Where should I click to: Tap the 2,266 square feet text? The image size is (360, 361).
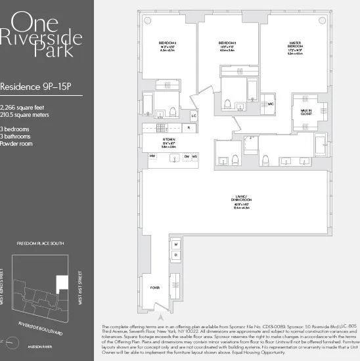[x=23, y=106]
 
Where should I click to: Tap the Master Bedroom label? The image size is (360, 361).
[x=294, y=47]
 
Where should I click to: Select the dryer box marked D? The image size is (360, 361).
[x=176, y=255]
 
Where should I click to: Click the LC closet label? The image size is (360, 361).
[x=194, y=116]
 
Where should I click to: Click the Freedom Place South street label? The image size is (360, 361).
[x=40, y=244]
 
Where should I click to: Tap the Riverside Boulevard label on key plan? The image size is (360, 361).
[x=41, y=329]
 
